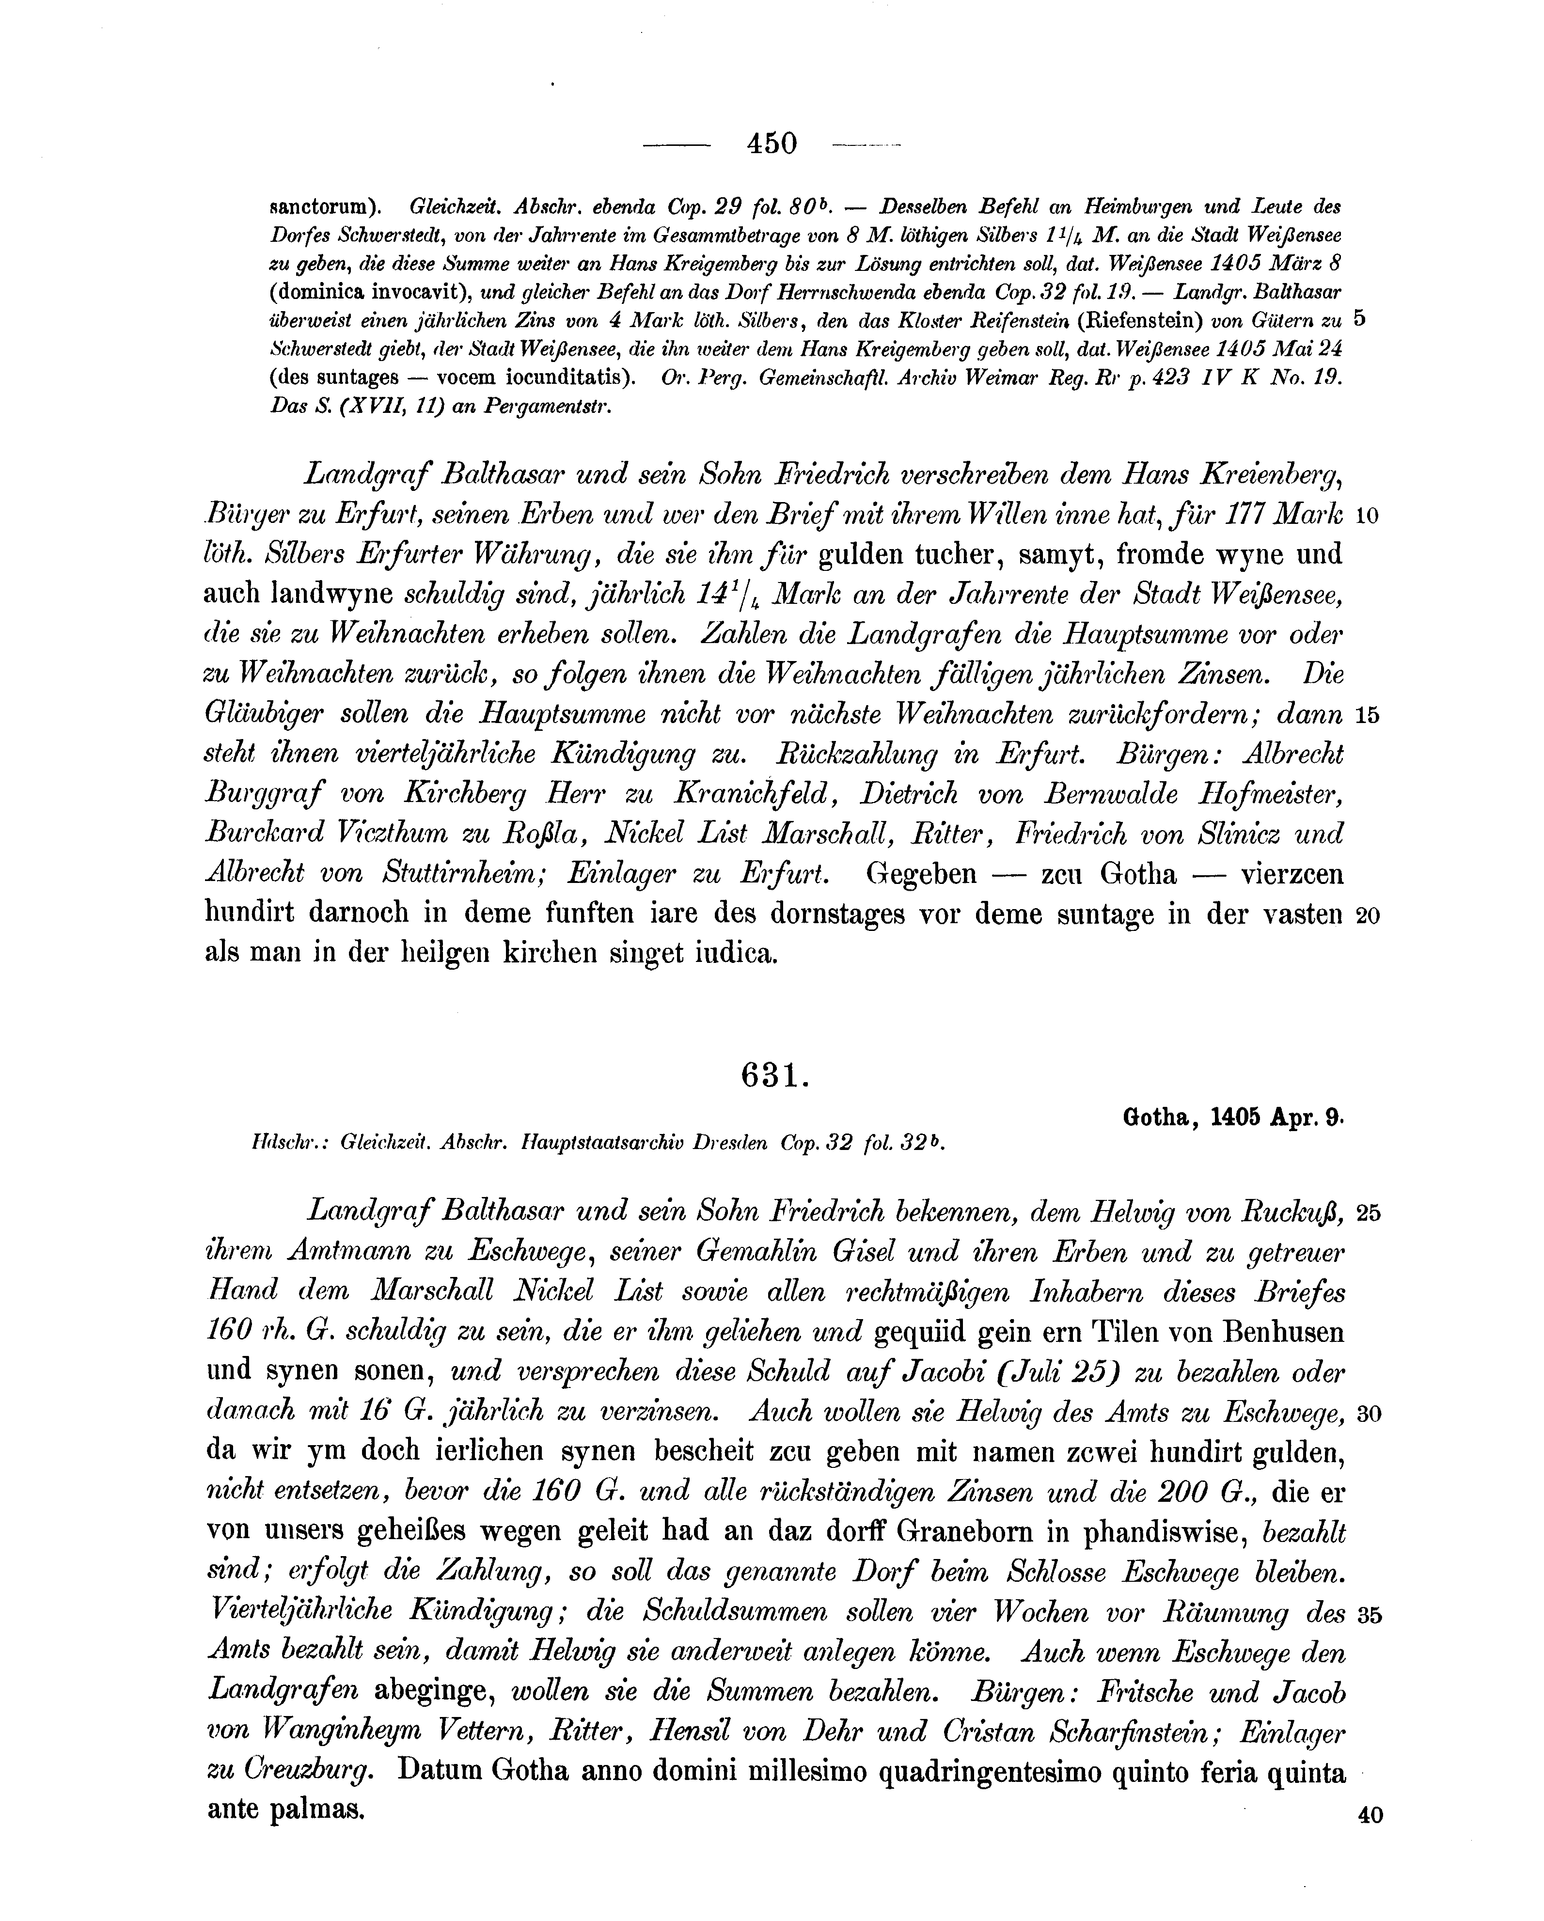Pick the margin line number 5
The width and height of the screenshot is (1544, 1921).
[1359, 318]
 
